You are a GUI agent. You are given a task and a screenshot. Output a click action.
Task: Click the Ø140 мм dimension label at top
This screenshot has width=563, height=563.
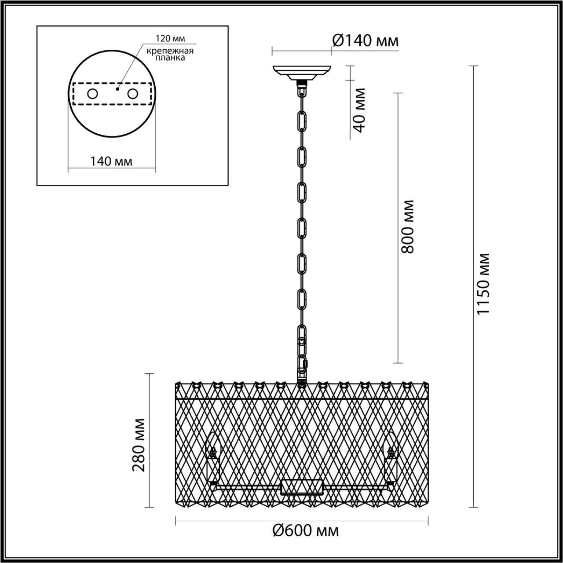coord(365,41)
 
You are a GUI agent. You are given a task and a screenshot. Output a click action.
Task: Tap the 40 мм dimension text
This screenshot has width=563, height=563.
coord(360,110)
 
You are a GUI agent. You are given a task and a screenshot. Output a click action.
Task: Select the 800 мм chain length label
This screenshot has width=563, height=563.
coord(408,226)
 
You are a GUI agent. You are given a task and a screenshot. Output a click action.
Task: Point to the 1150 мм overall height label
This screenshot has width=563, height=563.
coord(483,284)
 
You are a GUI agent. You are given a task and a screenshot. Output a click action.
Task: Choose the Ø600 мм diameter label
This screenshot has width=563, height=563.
coord(306,531)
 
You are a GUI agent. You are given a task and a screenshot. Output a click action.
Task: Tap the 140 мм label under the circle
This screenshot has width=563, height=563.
coord(111,161)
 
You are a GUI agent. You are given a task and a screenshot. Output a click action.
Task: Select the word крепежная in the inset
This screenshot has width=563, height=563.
coord(171,51)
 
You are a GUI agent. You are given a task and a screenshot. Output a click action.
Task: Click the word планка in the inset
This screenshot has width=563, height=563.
coord(171,58)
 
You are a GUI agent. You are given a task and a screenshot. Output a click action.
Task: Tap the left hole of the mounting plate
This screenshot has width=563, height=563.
coord(92,94)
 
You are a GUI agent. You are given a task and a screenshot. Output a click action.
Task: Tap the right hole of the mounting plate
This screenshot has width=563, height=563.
coord(132,94)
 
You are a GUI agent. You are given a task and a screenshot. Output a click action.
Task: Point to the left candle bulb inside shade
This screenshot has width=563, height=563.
coord(213,457)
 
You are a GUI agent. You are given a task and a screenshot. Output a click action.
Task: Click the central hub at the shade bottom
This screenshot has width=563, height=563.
coord(302,487)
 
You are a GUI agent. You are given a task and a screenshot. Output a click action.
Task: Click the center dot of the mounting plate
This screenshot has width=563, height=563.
coord(117,88)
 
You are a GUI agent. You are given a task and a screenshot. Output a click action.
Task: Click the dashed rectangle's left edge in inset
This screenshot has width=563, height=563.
coord(73,94)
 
